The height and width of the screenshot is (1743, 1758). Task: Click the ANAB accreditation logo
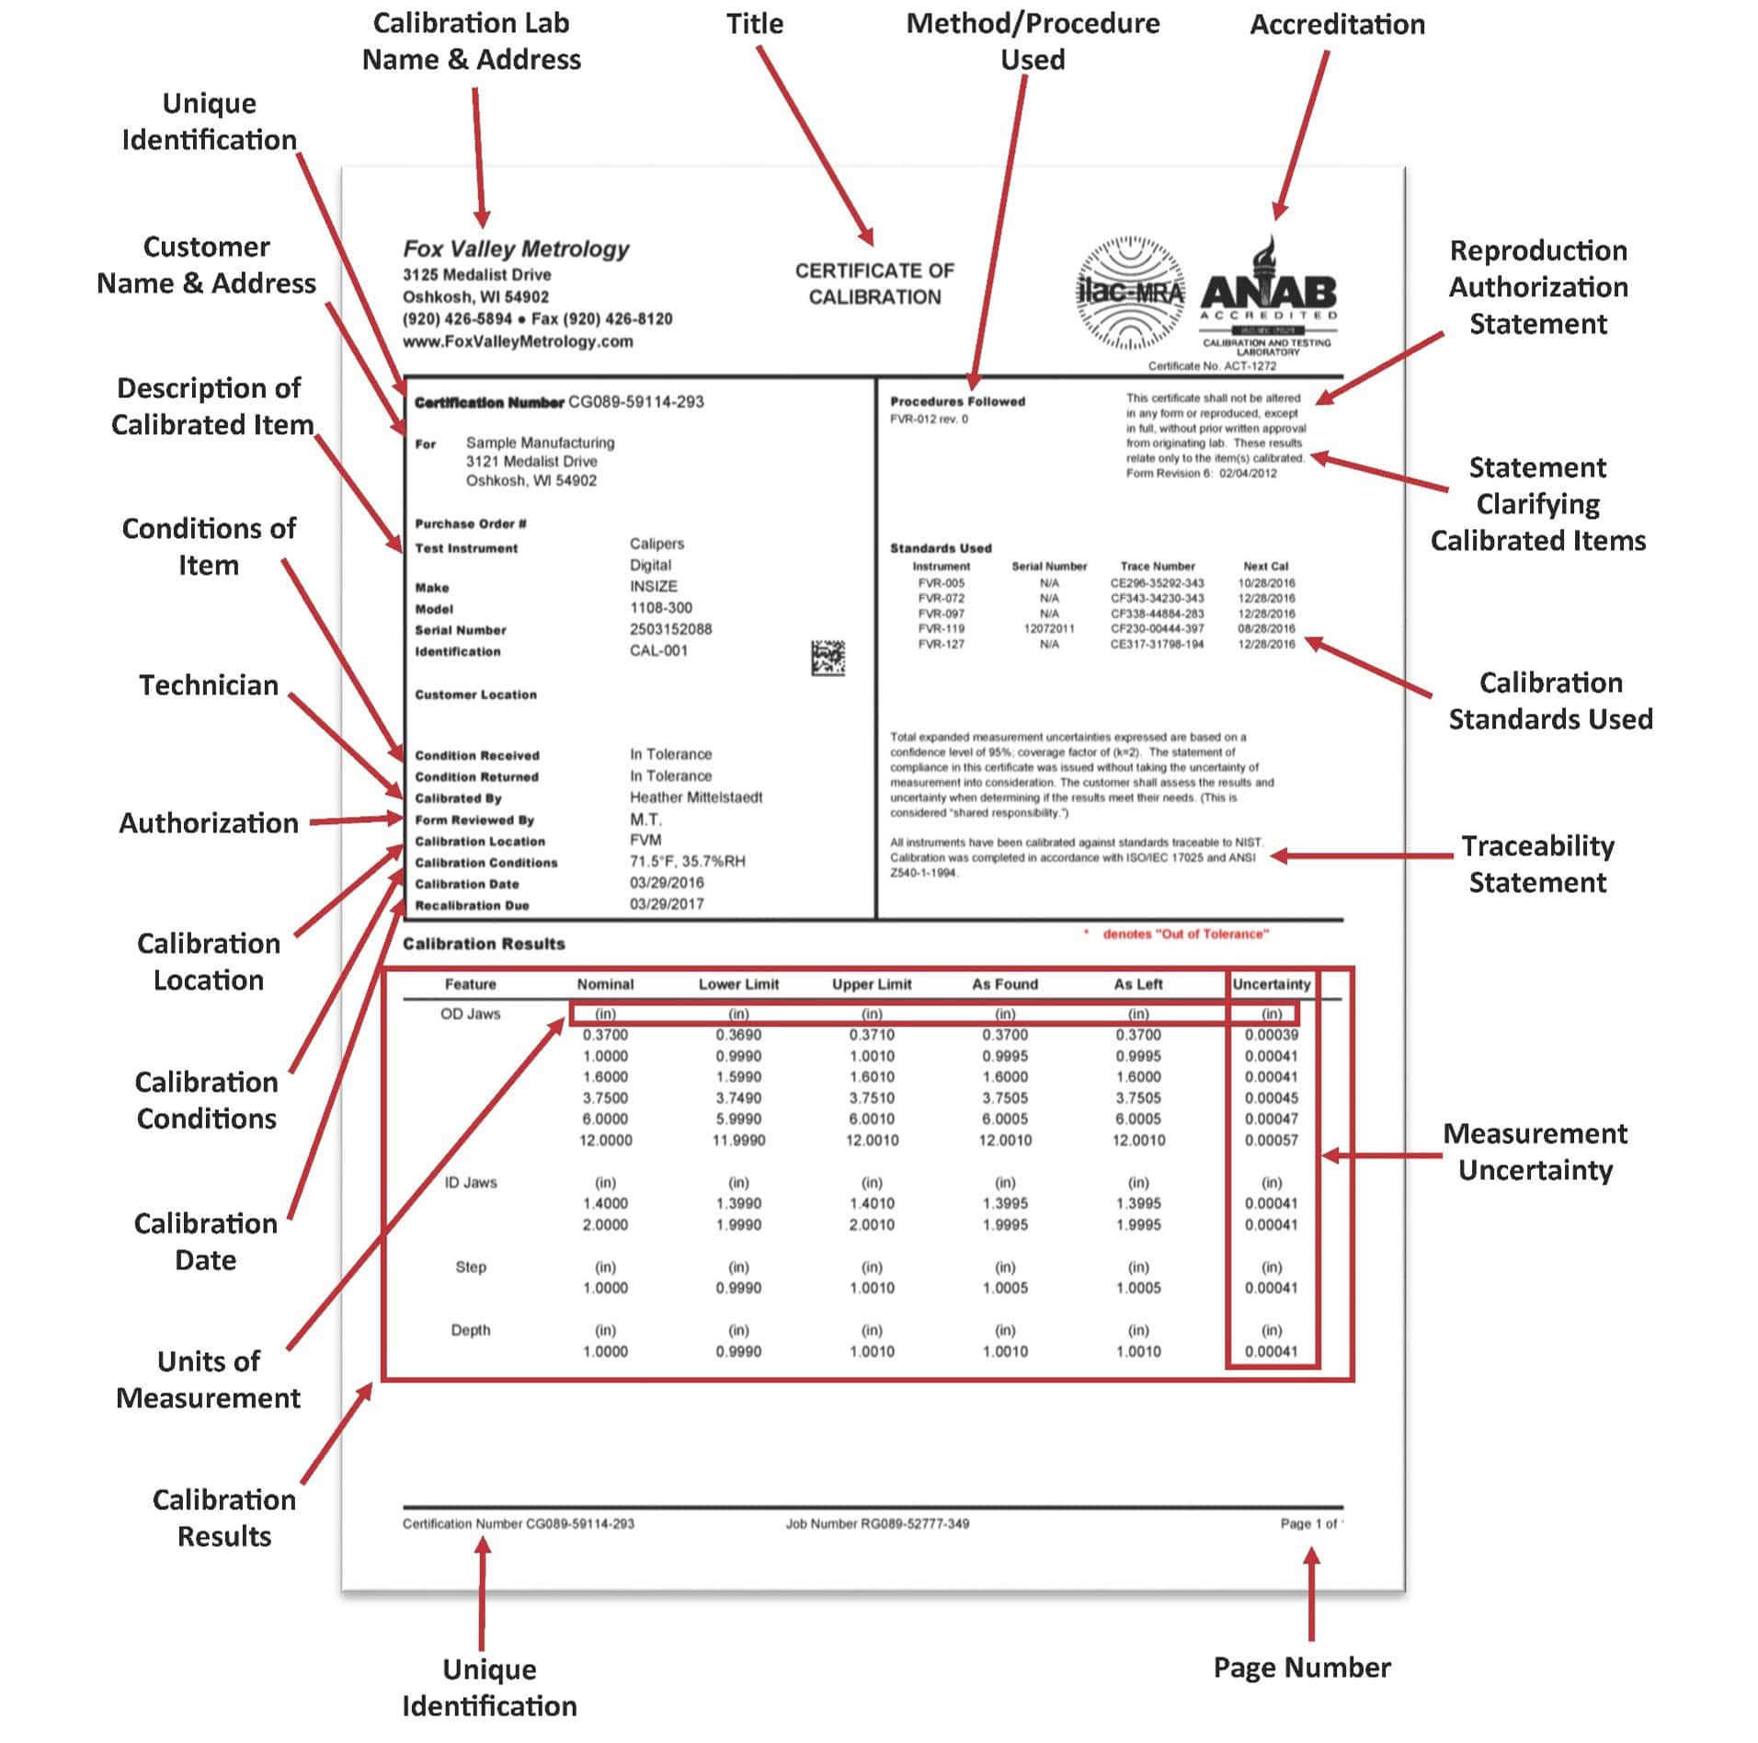point(1268,294)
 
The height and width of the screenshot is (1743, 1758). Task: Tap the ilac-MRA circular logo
point(1129,292)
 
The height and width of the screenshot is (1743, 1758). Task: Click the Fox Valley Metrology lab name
point(516,248)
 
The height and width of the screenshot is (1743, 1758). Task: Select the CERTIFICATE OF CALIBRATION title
point(873,283)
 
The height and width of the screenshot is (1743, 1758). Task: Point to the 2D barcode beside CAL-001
point(828,658)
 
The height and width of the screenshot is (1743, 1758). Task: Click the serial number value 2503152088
point(670,629)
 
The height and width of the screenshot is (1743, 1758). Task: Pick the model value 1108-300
point(660,608)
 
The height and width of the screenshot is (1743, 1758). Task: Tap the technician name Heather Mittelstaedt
point(695,797)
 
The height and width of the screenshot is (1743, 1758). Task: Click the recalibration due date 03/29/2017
point(666,904)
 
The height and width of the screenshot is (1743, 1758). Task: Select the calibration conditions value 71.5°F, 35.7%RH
point(687,862)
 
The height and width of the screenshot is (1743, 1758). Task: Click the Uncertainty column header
point(1271,984)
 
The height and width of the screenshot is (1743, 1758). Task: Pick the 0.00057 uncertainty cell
point(1271,1141)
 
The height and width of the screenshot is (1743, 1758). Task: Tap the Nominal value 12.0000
point(605,1141)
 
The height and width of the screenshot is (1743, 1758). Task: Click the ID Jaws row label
point(470,1183)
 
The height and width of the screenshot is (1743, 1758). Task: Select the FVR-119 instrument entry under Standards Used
point(941,629)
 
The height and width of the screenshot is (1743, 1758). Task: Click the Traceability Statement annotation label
point(1536,864)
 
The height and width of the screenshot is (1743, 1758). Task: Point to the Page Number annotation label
point(1301,1668)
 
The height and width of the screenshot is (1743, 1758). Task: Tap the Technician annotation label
point(209,685)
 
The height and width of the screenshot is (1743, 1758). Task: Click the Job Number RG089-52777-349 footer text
point(876,1524)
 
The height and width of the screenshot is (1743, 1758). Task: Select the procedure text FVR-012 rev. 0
point(929,419)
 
